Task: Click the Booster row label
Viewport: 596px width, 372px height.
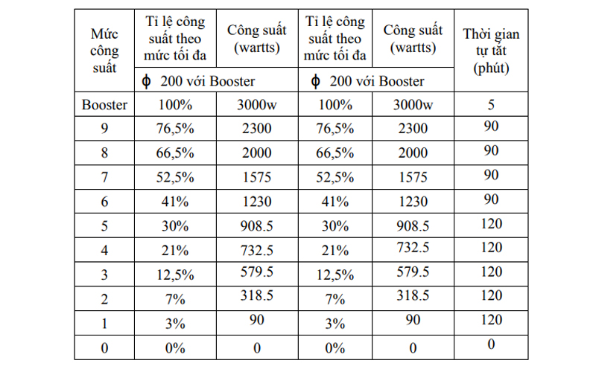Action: tap(104, 105)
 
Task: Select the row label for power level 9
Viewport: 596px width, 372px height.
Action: tap(104, 129)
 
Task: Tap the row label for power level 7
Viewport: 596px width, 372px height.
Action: tap(104, 177)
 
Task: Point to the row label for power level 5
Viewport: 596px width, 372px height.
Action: tap(104, 225)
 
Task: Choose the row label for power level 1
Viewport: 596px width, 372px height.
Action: tap(104, 323)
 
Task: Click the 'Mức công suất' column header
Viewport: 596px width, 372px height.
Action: tap(104, 51)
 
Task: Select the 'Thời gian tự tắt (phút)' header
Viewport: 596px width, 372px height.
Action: tap(491, 51)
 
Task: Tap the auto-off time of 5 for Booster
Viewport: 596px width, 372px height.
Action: tap(491, 103)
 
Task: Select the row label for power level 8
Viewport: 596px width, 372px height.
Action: tap(104, 153)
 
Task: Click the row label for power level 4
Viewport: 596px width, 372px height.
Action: tap(104, 250)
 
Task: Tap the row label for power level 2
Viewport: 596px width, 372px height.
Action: tap(104, 298)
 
